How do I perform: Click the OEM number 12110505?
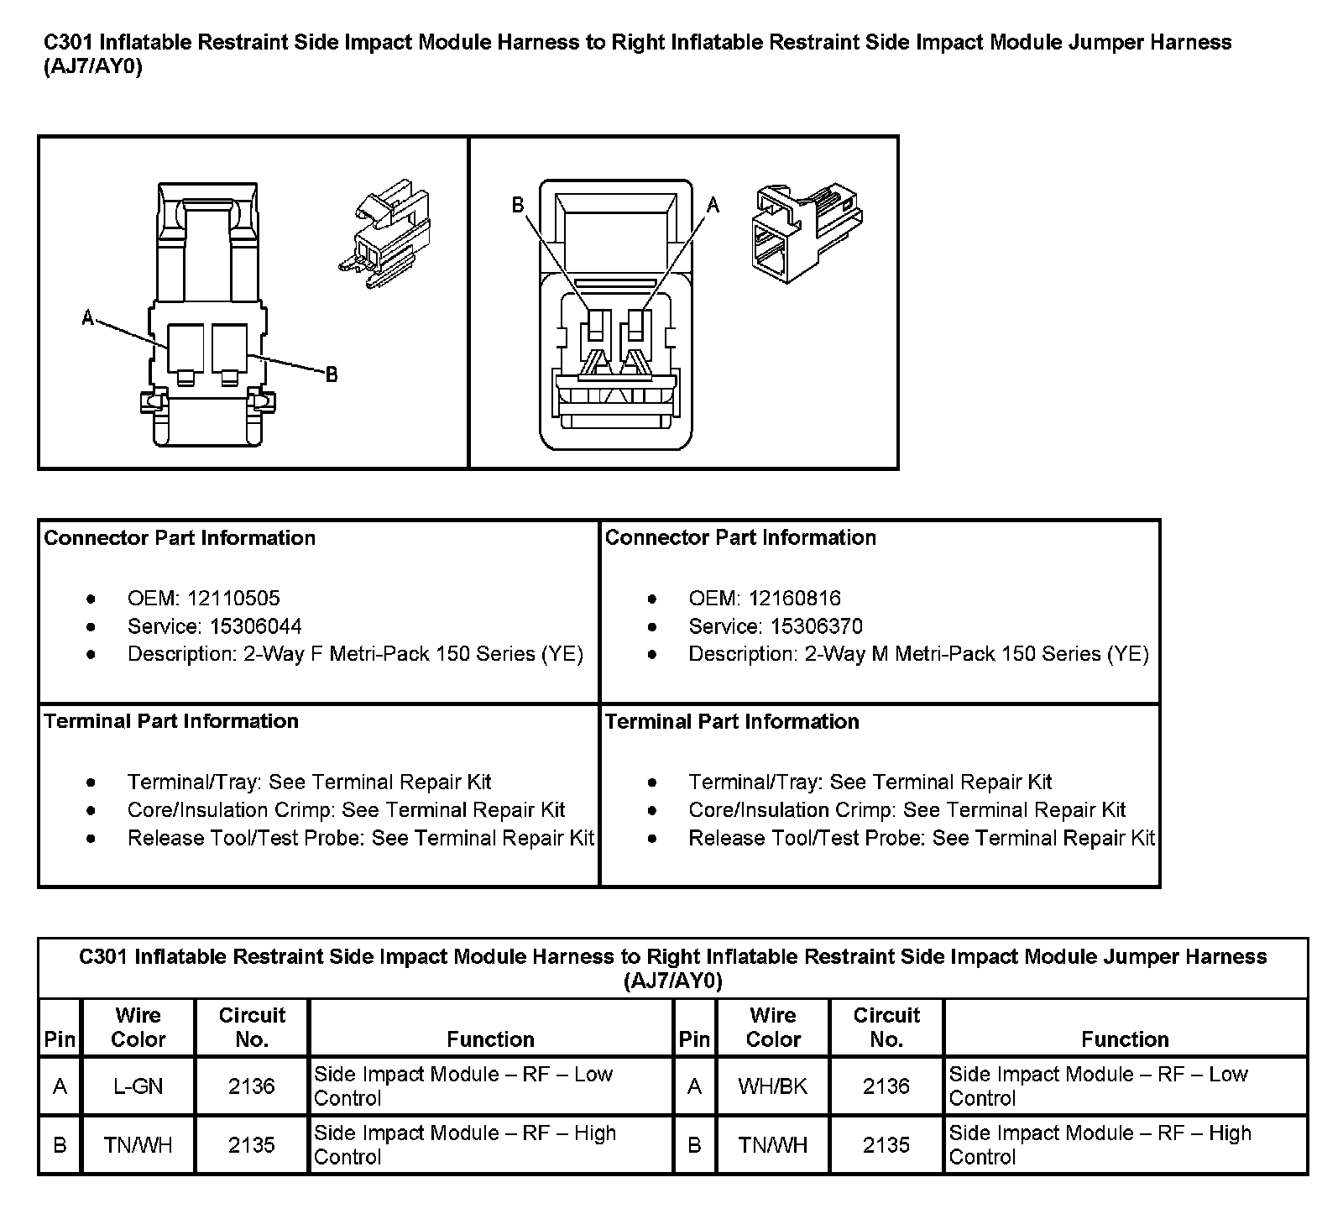233,599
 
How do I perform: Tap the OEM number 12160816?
794,599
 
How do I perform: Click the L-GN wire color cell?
138,1086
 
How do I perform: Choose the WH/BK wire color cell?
772,1086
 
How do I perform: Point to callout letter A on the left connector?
87,317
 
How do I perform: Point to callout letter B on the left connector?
332,374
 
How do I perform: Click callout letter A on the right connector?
713,204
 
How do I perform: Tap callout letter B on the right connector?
518,205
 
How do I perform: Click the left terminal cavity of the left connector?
186,350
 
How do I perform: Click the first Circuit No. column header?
252,1027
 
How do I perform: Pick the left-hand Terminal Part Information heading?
171,721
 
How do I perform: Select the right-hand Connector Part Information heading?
740,537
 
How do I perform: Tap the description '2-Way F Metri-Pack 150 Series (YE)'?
413,654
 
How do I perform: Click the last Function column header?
1125,1039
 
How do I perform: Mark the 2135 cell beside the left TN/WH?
252,1145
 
